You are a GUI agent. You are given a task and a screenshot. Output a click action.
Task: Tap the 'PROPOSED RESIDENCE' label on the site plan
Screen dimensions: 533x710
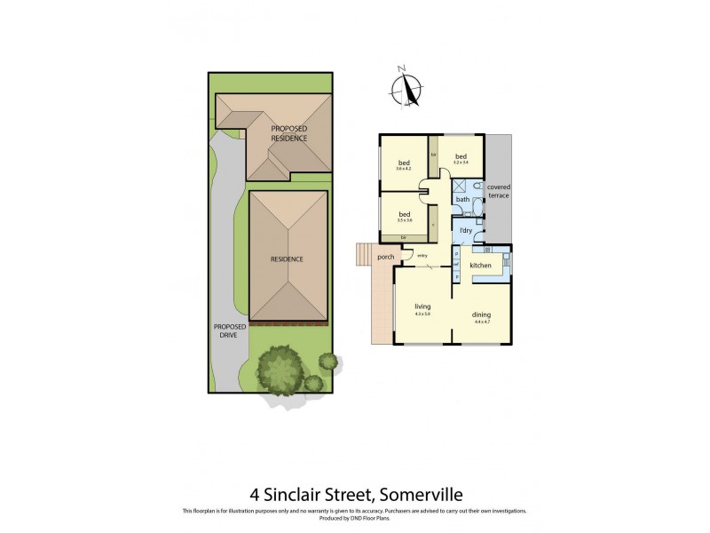pyautogui.click(x=289, y=134)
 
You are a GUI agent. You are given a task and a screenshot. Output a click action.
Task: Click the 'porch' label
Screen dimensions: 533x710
pyautogui.click(x=385, y=258)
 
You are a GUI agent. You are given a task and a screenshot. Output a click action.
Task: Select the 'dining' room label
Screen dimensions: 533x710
pyautogui.click(x=482, y=314)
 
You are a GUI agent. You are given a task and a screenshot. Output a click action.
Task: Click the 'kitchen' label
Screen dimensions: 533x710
pyautogui.click(x=480, y=266)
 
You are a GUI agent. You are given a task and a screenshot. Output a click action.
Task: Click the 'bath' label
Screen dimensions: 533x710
pyautogui.click(x=462, y=199)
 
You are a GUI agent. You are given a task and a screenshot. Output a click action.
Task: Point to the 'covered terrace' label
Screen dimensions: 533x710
pyautogui.click(x=499, y=192)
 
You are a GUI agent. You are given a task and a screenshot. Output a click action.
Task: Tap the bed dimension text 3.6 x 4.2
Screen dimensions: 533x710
pyautogui.click(x=404, y=169)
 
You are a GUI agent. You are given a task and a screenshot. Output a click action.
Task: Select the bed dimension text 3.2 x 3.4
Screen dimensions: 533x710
pyautogui.click(x=460, y=163)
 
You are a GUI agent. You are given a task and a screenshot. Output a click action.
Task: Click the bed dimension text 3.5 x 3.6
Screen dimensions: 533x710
pyautogui.click(x=404, y=220)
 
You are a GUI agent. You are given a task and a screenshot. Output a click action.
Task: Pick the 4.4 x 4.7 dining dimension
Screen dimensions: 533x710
pyautogui.click(x=482, y=322)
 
